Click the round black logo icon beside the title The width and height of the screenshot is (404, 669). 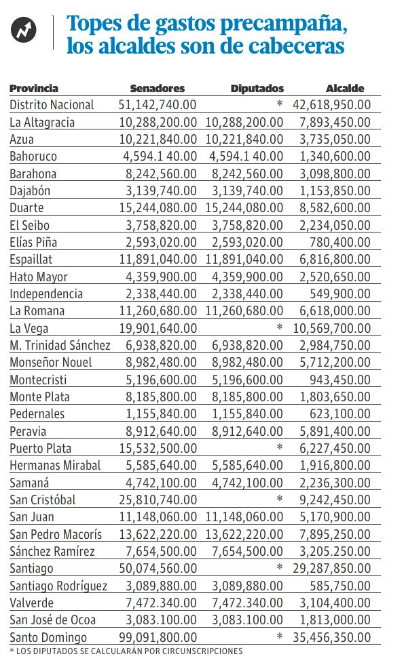tap(24, 31)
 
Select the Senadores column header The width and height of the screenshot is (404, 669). tap(157, 88)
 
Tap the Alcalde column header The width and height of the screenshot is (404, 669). tap(345, 88)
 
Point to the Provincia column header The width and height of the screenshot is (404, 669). tap(34, 88)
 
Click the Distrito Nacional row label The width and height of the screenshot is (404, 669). tap(52, 104)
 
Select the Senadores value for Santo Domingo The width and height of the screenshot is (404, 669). tap(158, 637)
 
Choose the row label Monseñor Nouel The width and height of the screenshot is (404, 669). tap(51, 362)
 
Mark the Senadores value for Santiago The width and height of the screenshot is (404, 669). tap(158, 568)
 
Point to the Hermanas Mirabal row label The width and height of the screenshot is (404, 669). tap(55, 465)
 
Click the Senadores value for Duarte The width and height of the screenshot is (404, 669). tap(158, 207)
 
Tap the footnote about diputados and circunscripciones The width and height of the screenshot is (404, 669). tap(126, 651)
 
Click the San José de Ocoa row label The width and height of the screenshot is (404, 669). tap(53, 620)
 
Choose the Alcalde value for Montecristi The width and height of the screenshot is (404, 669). tap(346, 380)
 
